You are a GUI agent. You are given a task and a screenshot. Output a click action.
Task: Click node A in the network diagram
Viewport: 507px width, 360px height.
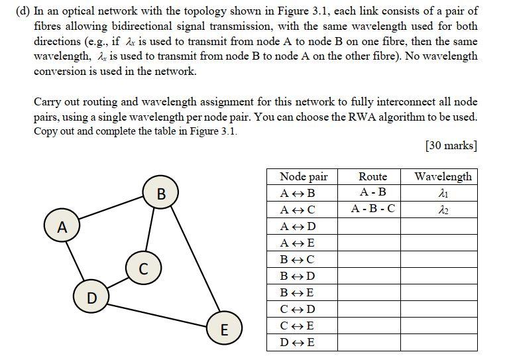pos(62,227)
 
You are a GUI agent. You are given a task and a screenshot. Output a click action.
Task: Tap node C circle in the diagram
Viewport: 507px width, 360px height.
pos(143,269)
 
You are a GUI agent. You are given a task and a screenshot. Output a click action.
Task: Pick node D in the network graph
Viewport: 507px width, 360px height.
pos(91,298)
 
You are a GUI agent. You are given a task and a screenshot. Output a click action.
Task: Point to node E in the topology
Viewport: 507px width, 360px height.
pos(223,329)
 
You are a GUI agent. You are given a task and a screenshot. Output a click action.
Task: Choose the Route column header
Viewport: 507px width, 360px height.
pos(372,176)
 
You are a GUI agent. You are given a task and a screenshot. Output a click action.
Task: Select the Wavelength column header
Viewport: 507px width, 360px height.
pos(443,176)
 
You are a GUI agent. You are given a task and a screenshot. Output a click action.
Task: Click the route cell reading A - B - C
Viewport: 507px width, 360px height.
pos(372,210)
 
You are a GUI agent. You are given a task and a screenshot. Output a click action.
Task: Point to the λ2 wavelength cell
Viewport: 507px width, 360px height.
pos(443,210)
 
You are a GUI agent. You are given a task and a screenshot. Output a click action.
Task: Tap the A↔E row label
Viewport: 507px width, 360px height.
pos(298,243)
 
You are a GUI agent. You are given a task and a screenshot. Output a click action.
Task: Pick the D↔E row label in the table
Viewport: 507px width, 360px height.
pos(298,342)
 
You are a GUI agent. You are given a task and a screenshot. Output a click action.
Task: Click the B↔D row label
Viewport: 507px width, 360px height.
pos(298,276)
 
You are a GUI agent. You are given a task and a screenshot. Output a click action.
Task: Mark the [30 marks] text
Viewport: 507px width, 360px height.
pos(451,146)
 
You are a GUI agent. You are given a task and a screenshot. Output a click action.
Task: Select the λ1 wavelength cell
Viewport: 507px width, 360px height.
pos(443,193)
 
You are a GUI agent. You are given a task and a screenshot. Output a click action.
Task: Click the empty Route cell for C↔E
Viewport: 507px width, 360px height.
pos(372,326)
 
